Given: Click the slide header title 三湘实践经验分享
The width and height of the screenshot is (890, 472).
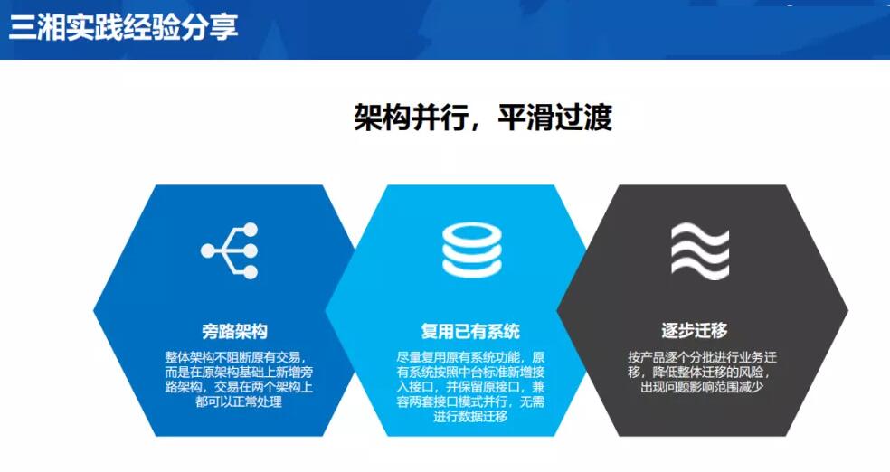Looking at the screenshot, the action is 123,26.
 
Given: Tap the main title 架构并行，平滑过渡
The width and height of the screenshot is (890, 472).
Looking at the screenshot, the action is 483,118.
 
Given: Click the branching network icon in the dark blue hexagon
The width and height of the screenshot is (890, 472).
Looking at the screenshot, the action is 230,250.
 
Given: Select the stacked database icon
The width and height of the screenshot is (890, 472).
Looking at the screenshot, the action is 471,250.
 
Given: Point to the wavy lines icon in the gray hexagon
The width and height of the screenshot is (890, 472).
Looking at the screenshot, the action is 700,250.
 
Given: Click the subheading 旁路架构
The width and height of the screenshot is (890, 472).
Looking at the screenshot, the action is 234,331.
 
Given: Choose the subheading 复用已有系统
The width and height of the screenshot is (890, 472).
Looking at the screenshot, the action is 470,331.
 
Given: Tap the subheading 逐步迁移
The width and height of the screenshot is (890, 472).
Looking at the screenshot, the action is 694,330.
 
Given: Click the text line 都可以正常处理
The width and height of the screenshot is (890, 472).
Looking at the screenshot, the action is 239,401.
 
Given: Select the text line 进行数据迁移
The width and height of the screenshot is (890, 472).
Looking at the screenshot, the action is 470,417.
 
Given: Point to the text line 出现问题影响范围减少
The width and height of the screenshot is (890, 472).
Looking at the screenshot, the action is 702,387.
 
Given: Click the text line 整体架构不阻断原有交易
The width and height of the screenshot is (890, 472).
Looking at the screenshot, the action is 238,357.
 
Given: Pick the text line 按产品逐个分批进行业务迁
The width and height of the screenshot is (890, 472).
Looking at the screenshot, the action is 702,357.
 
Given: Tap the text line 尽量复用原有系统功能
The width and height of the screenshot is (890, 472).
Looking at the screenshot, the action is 470,357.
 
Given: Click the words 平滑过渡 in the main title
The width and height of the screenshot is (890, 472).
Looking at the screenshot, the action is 555,118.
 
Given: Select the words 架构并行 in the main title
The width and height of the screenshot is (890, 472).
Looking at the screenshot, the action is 411,118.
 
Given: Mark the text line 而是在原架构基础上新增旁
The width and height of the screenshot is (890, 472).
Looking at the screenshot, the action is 239,373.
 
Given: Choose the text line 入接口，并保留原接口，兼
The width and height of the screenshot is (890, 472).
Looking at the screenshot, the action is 470,387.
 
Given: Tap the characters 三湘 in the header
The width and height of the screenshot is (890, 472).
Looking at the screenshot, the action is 37,26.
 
